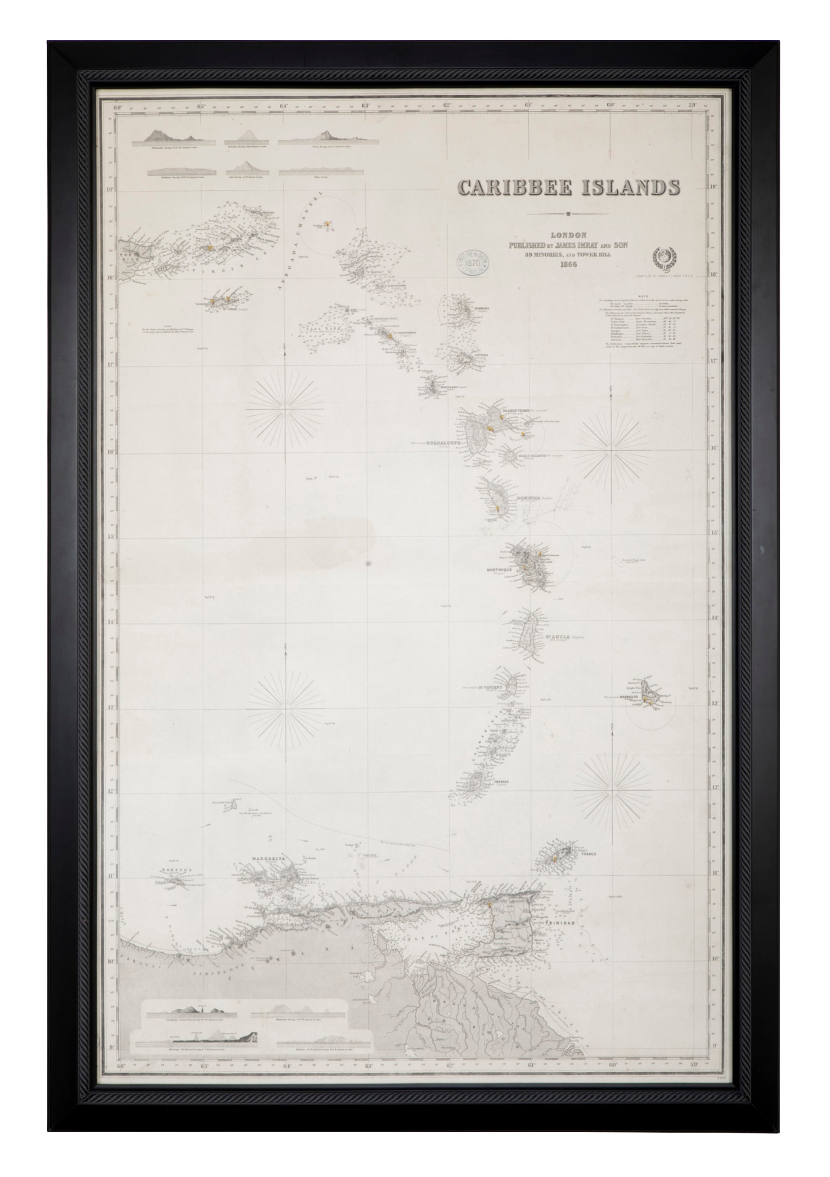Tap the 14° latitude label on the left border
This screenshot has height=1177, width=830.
coord(110,622)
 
